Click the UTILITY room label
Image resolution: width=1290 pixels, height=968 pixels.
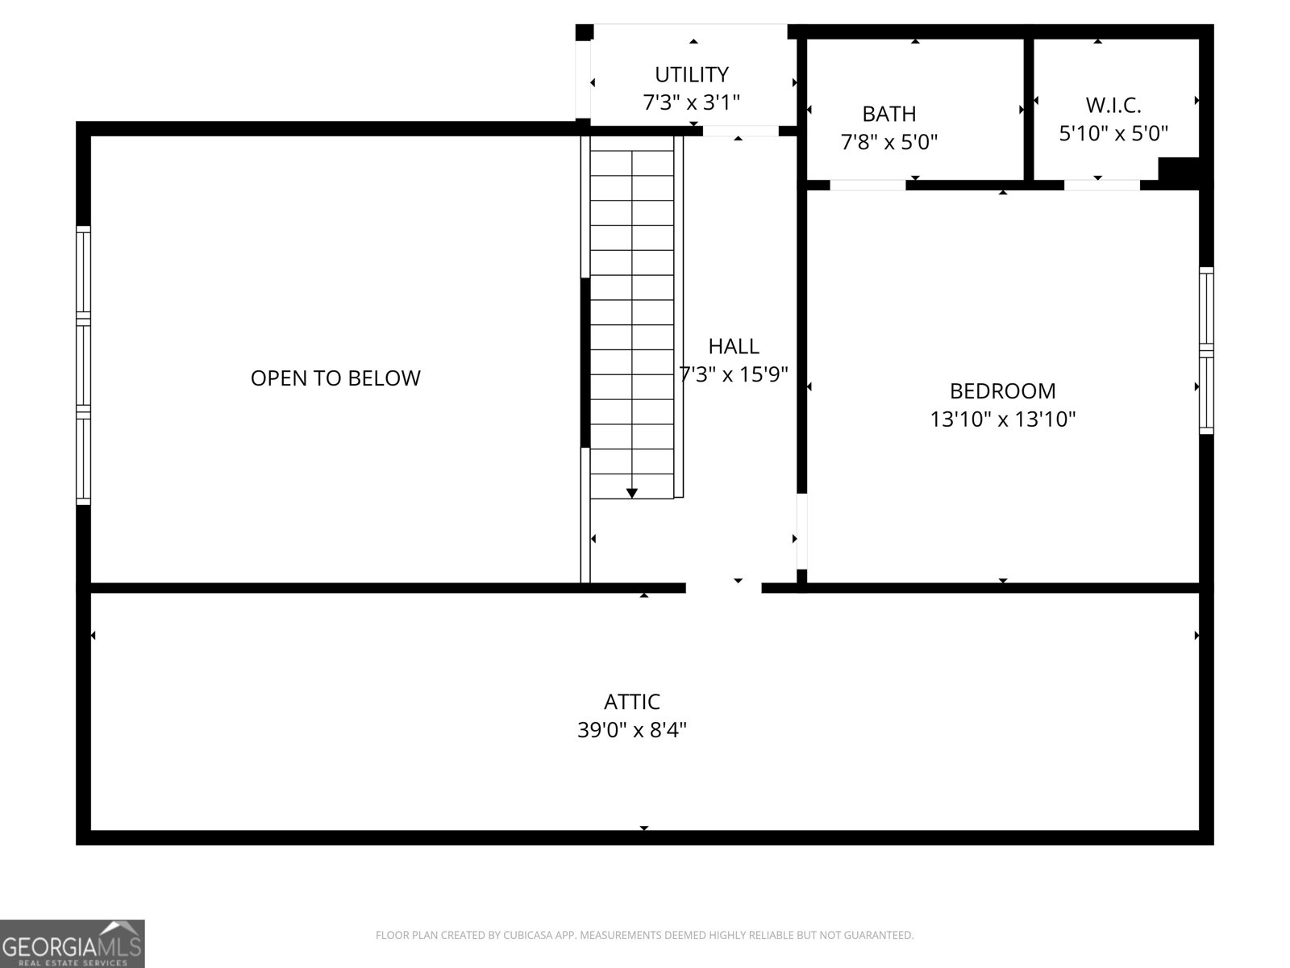click(691, 75)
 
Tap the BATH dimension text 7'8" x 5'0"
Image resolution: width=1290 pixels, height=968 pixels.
click(889, 143)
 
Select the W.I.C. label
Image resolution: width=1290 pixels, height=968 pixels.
click(1113, 105)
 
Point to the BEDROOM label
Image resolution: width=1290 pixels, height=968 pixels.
click(1002, 391)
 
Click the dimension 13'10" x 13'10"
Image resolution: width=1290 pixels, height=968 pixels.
click(1002, 419)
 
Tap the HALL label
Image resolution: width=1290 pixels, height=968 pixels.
click(733, 347)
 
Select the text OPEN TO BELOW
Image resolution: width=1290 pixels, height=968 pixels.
click(335, 378)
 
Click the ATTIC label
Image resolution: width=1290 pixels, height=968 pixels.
click(632, 702)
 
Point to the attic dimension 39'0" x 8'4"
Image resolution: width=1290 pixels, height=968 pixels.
click(632, 731)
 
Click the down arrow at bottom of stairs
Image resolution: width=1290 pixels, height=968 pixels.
click(632, 493)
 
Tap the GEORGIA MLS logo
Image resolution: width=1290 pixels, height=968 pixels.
click(72, 943)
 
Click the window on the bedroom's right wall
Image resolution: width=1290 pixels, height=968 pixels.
click(1206, 350)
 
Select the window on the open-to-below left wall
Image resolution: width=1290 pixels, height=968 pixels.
click(83, 365)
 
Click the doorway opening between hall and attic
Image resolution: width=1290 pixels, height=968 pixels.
click(723, 587)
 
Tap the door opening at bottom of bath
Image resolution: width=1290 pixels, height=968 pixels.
click(868, 185)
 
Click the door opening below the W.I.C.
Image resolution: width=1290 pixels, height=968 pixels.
click(1101, 185)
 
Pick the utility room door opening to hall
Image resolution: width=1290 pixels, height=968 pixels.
click(740, 131)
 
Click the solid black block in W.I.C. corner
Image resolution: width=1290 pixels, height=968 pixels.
click(1179, 170)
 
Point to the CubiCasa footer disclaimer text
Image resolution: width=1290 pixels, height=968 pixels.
click(644, 936)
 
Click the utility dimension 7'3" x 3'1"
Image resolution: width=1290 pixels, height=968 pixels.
click(691, 103)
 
